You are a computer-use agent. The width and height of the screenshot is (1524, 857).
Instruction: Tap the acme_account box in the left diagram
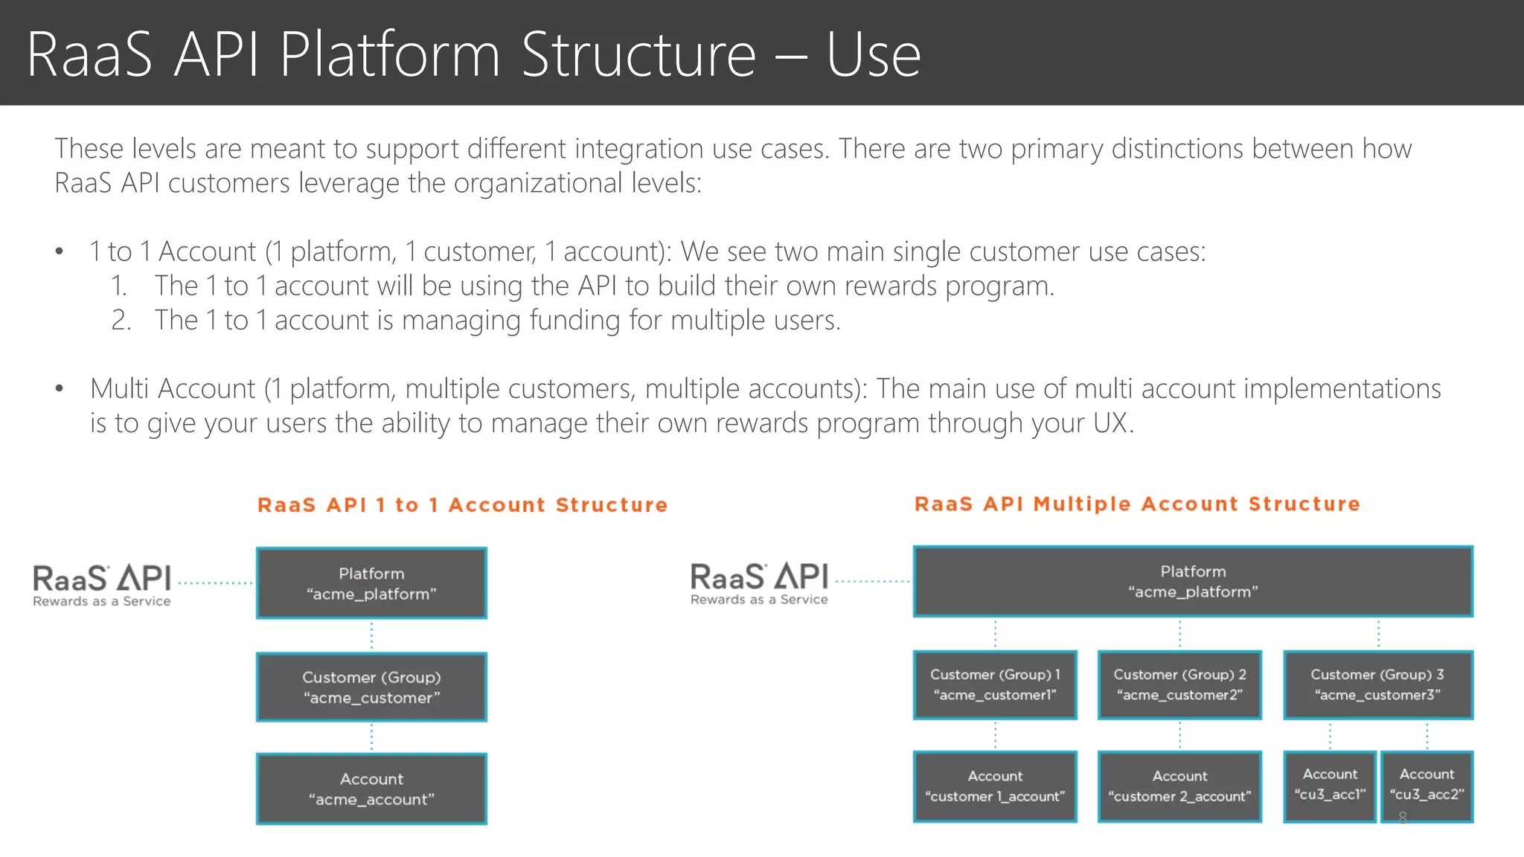point(371,789)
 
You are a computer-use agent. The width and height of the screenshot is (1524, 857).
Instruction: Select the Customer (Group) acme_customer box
point(371,687)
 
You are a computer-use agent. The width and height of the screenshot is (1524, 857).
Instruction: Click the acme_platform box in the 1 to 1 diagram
point(371,583)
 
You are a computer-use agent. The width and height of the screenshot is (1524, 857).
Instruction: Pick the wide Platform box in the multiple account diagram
point(1193,581)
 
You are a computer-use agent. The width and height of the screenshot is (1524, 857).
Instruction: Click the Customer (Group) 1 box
point(995,684)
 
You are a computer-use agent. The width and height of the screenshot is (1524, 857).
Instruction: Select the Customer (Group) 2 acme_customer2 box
point(1179,684)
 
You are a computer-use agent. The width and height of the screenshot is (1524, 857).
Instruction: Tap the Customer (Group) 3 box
point(1377,684)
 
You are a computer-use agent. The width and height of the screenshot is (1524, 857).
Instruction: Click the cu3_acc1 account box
point(1330,786)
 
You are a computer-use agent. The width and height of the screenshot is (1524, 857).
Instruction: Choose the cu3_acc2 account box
point(1427,786)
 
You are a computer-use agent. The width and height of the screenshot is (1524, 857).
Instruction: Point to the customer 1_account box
point(995,786)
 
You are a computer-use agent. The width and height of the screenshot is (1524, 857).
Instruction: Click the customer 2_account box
point(1179,786)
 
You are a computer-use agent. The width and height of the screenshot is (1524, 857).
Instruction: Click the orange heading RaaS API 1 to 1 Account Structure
point(462,505)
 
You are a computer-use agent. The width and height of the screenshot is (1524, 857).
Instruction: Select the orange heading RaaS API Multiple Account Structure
point(1137,504)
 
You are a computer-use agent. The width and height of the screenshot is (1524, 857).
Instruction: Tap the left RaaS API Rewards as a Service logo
point(102,585)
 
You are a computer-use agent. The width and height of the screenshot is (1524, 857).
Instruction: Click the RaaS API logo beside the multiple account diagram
point(759,583)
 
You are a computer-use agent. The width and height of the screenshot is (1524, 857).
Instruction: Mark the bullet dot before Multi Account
point(60,388)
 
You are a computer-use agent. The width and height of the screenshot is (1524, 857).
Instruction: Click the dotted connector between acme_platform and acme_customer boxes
point(371,636)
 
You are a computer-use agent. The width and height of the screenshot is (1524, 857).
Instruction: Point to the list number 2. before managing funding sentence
point(121,320)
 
